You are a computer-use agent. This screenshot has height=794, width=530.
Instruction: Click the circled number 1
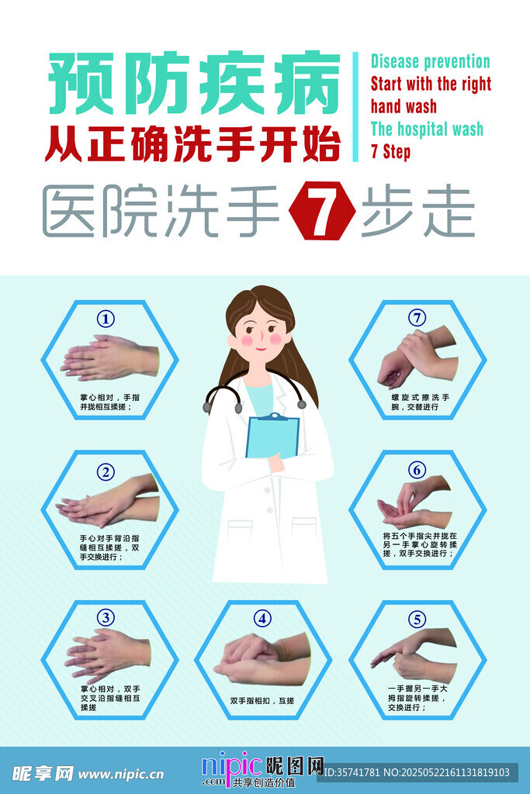click(106, 319)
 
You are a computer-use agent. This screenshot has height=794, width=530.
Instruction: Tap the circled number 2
click(106, 470)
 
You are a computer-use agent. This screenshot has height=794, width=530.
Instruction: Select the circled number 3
click(106, 617)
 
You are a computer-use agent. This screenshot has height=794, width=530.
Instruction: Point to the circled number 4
click(263, 618)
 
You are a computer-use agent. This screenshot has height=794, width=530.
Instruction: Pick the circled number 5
click(418, 619)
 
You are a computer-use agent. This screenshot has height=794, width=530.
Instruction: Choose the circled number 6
click(417, 469)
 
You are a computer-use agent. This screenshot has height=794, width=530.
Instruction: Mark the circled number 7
click(417, 318)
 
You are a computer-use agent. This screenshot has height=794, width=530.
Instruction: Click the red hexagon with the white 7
click(322, 209)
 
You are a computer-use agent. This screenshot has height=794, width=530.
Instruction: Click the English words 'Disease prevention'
click(430, 62)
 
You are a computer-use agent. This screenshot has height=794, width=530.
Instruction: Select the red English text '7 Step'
click(390, 151)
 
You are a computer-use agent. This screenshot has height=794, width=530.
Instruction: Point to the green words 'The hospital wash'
click(427, 129)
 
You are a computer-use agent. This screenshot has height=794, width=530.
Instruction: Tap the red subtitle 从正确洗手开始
click(192, 143)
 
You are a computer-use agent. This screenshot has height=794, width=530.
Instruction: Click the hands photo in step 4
click(262, 659)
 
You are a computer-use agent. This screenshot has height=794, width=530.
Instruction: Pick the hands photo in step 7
click(417, 357)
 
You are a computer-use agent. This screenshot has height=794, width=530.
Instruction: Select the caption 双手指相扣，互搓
click(262, 701)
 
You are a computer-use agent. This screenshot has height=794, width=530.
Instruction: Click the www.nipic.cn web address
click(121, 774)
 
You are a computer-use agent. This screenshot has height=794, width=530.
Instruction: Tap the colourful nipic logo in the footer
click(232, 768)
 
